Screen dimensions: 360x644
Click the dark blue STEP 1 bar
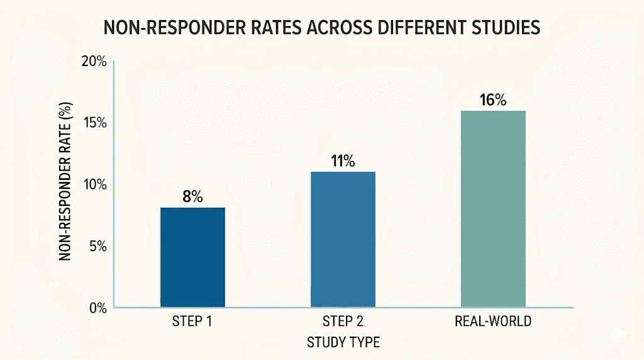192,257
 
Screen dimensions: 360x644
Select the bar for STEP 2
343,240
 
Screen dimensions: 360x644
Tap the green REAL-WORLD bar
493,209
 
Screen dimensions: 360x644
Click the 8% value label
192,196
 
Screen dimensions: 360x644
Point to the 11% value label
343,160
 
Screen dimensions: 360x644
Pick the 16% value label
493,100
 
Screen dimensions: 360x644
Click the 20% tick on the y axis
94,62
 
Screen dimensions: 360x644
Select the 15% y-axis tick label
95,123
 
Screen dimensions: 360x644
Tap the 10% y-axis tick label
95,184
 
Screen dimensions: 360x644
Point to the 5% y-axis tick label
97,246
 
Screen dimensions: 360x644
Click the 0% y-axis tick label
97,308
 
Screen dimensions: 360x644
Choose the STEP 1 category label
192,322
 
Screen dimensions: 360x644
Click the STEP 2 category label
343,322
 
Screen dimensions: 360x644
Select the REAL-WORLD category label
493,322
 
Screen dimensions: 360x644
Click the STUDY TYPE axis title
343,342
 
